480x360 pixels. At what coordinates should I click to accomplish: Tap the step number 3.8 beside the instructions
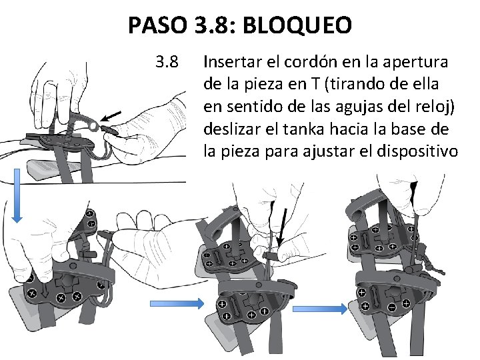(166, 63)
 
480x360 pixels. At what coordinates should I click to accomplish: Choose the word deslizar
(232, 129)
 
